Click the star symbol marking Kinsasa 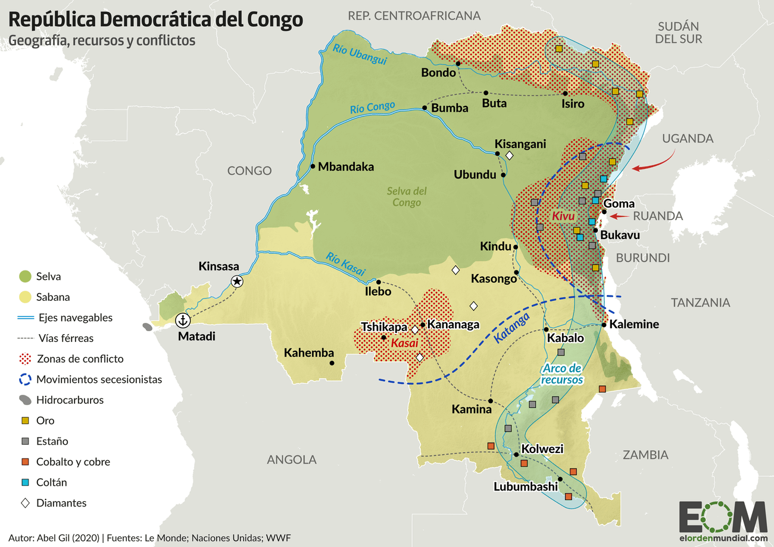(237, 281)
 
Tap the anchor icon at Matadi (183, 321)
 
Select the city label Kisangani (520, 144)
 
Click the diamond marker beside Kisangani (510, 156)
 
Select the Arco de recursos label (561, 373)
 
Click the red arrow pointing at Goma (619, 216)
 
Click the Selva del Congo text (407, 197)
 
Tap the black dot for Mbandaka (313, 166)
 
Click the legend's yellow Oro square (26, 421)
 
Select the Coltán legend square (26, 482)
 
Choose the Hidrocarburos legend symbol (26, 400)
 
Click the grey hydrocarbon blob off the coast (146, 326)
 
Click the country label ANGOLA (292, 460)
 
